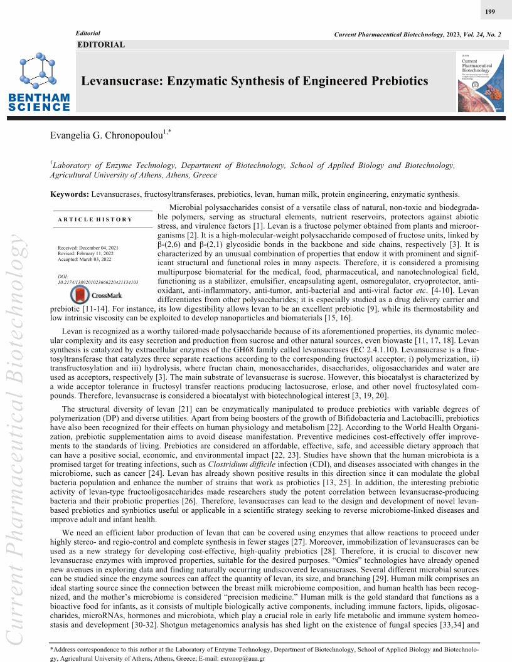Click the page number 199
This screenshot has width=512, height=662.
(x=490, y=13)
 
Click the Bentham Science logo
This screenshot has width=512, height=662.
(x=39, y=84)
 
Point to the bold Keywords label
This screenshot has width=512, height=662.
(x=69, y=195)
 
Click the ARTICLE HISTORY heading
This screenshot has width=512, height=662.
(x=95, y=219)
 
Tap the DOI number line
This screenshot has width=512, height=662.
(x=97, y=283)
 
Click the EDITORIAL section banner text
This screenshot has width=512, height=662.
(x=101, y=45)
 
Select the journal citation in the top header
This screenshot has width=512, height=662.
(x=418, y=33)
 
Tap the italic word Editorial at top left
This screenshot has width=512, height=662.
(x=88, y=33)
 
